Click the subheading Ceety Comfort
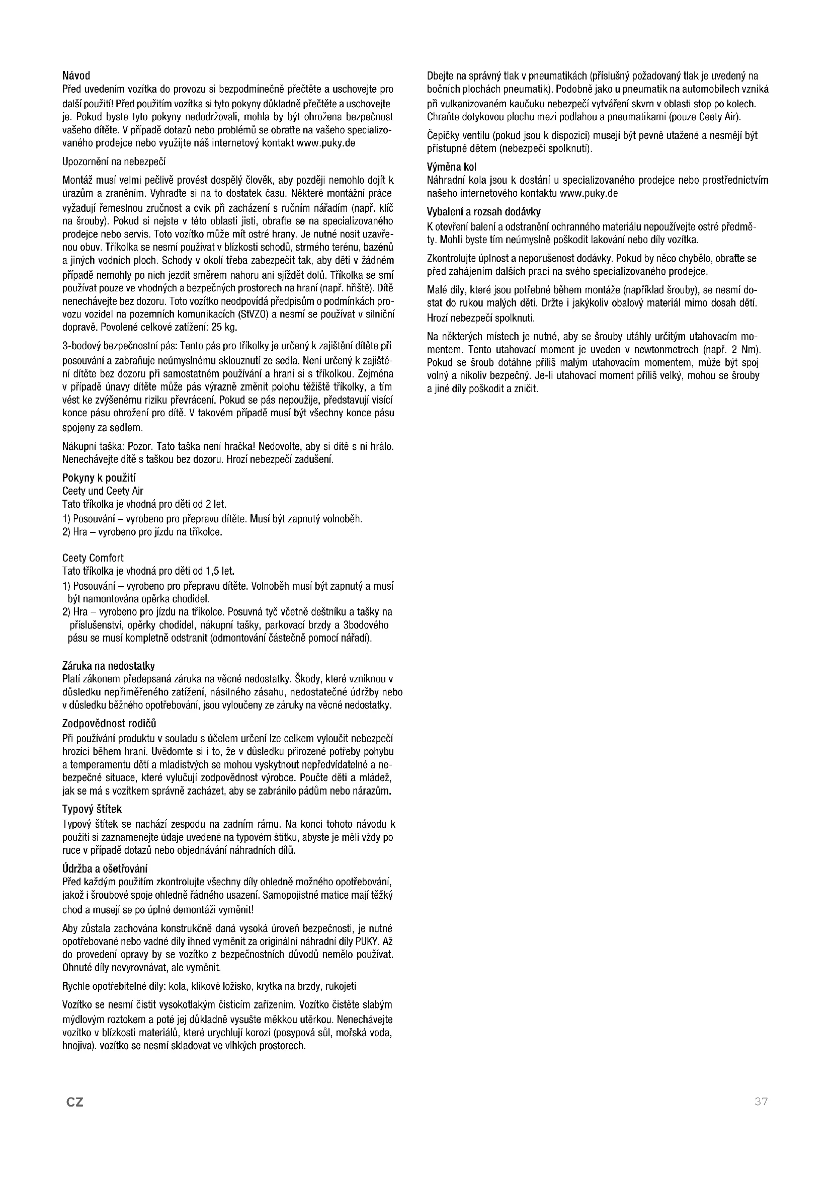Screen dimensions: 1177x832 tap(93, 558)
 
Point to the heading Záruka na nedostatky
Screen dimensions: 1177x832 tap(108, 666)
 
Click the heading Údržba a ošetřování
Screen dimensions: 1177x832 tap(105, 868)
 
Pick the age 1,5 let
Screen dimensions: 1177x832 tap(220, 571)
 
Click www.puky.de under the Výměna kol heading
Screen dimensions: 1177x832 tap(589, 193)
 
